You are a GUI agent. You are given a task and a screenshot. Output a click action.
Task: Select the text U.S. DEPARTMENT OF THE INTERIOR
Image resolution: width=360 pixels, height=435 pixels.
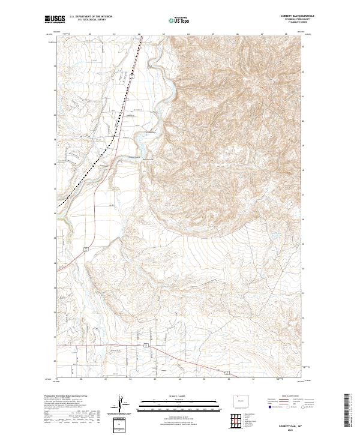91,17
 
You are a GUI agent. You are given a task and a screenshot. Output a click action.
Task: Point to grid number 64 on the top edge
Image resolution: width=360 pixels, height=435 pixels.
188,34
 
